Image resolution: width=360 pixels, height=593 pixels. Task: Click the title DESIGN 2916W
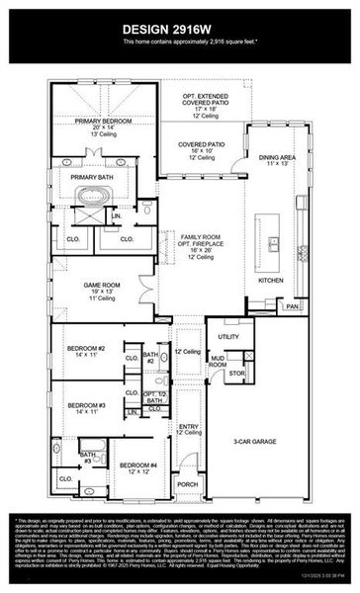(179, 27)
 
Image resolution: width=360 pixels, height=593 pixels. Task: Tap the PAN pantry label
(293, 306)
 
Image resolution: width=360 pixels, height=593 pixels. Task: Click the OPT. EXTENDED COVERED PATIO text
(204, 97)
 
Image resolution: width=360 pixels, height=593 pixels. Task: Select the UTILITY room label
(229, 337)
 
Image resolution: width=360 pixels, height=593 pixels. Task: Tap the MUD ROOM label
(218, 363)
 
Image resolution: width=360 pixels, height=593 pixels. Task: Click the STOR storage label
(237, 374)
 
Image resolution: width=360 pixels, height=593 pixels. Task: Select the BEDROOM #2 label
(87, 348)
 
